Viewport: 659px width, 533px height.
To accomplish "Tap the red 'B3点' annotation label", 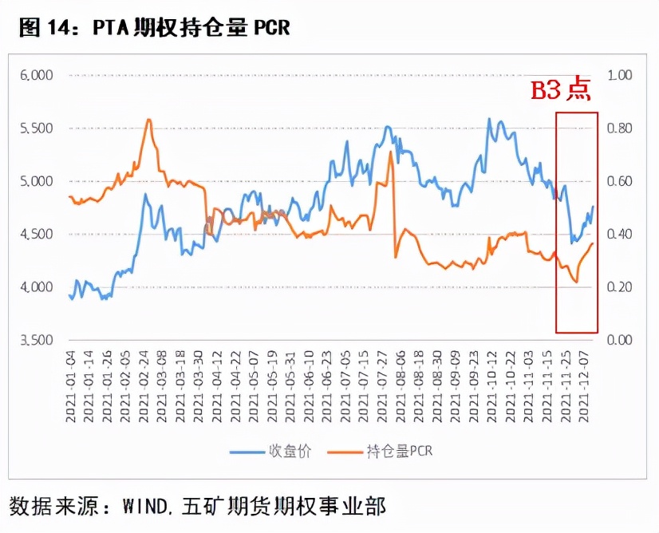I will point(561,89).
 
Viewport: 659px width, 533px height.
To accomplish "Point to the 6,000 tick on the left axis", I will point(36,75).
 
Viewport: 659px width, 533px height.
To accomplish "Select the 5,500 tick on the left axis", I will point(36,128).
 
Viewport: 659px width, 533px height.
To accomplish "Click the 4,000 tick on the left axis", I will point(36,287).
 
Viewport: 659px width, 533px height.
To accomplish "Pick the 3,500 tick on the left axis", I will point(36,340).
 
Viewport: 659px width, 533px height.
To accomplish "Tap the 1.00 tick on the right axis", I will point(620,75).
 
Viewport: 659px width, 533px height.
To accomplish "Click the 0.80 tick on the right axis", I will point(620,128).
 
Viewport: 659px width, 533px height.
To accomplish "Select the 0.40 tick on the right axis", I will point(620,234).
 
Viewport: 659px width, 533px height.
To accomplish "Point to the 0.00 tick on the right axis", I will point(620,340).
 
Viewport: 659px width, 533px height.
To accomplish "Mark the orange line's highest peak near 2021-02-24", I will point(148,120).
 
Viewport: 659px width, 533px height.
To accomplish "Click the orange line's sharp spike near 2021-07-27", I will point(390,152).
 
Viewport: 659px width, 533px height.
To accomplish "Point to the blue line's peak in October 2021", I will point(488,119).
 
